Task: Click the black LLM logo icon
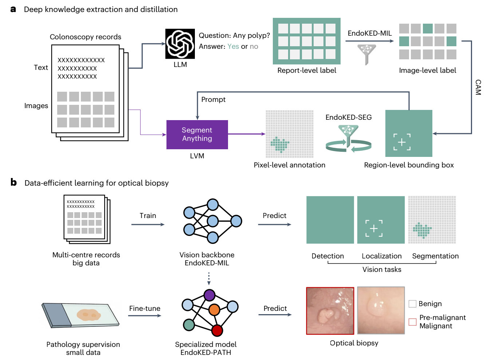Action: tap(180, 44)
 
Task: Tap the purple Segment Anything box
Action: tap(197, 134)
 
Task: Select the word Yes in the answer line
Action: tap(233, 46)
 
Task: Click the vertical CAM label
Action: tap(478, 87)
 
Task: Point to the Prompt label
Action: tap(213, 99)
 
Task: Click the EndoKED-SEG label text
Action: tap(349, 117)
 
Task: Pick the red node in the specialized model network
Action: tap(217, 330)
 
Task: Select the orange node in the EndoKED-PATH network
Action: tap(214, 309)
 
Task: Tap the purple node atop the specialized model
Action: tap(209, 295)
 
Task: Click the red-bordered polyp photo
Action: tap(330, 310)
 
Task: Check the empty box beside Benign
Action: tap(412, 304)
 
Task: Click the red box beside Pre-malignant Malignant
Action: tap(412, 322)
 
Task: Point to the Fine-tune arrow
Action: tap(145, 316)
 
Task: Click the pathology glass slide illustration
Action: tap(80, 315)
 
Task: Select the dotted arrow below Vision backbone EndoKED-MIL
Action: tap(209, 278)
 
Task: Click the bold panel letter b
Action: tap(13, 182)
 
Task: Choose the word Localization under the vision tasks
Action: tap(382, 256)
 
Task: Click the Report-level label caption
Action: tap(307, 70)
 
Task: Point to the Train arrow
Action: tap(148, 224)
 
